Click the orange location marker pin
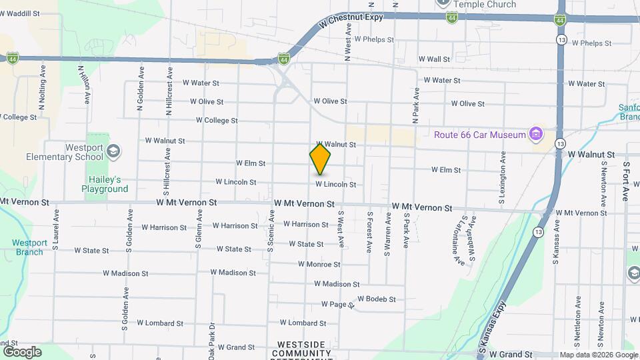[320, 159]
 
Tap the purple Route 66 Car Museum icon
[535, 135]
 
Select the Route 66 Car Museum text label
[480, 135]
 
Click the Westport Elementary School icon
[113, 150]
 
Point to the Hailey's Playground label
[105, 184]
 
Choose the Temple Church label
[485, 5]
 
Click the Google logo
[22, 351]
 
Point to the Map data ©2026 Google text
[598, 355]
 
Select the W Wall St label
[433, 59]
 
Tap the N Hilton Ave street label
[84, 83]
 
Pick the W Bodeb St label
[377, 299]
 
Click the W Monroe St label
[319, 265]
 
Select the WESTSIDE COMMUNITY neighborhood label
[301, 349]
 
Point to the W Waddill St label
[20, 13]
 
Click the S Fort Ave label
[626, 181]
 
